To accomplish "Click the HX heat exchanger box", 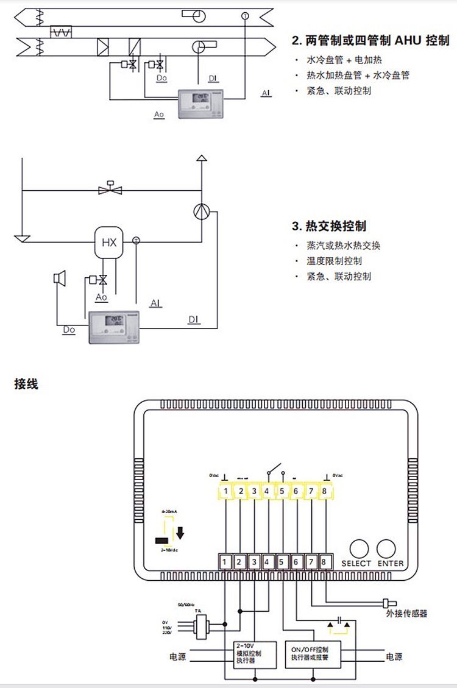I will (x=108, y=243).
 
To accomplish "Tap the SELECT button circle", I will (x=359, y=547).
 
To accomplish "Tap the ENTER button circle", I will (x=387, y=547).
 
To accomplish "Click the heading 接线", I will (x=26, y=385).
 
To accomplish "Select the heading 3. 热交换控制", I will (x=329, y=227).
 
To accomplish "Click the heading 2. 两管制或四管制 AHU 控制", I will (x=370, y=41).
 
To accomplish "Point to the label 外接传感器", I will (x=406, y=613).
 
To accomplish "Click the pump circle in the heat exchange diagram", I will (x=202, y=211).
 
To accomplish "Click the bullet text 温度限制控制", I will (x=335, y=261).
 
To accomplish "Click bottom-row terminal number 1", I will (x=225, y=561).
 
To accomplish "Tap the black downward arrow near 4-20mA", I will (x=180, y=533).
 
